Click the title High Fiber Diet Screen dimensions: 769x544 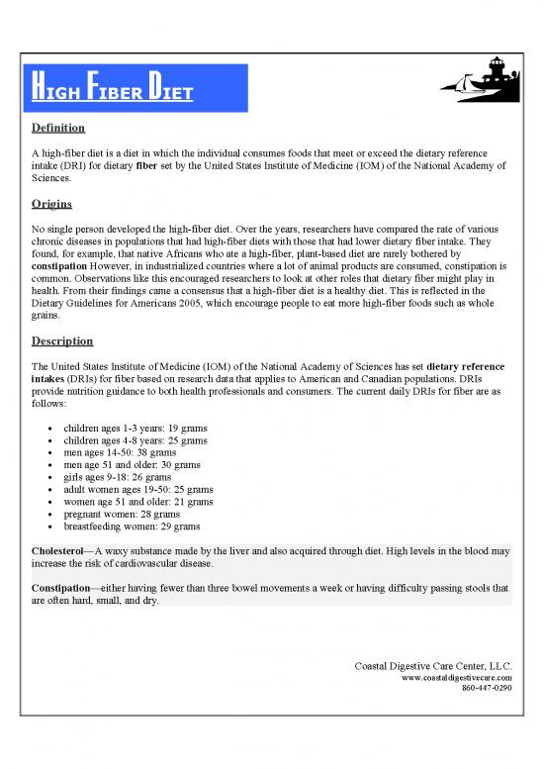point(110,94)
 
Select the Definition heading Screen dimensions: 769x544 point(57,129)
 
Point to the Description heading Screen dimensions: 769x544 point(62,340)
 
